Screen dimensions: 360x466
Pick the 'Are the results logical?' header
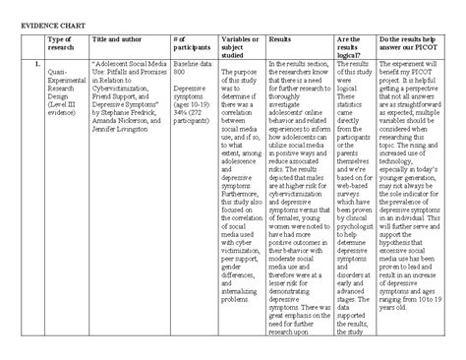352,47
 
